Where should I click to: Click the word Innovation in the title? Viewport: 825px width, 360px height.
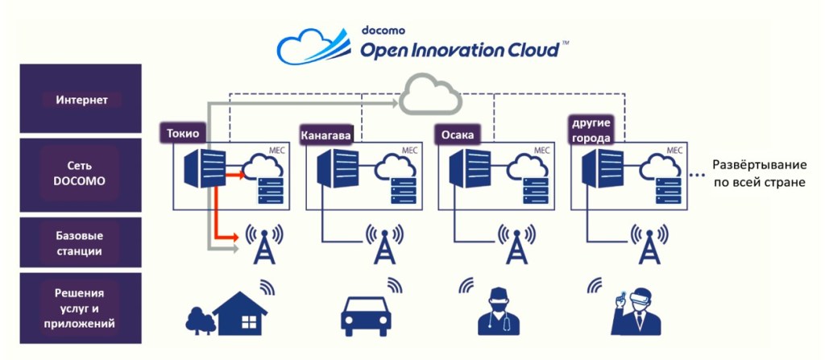coord(442,51)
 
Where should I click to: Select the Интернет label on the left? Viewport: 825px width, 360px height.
coord(82,101)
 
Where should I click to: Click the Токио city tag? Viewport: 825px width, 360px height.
coord(184,133)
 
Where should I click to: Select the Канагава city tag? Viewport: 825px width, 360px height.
coord(326,135)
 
